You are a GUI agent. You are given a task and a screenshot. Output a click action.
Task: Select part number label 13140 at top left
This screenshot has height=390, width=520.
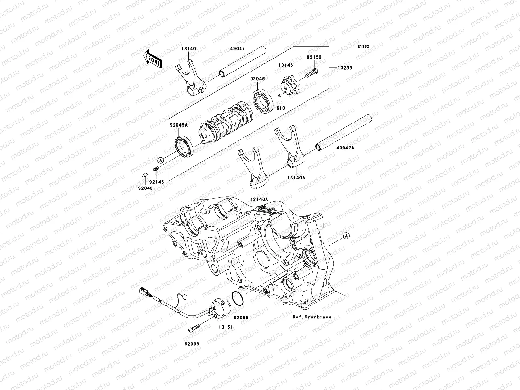(188, 49)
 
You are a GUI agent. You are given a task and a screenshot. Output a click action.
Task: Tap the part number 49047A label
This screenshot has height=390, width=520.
(345, 148)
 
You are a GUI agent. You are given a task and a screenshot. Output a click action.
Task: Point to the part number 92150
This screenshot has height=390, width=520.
(314, 57)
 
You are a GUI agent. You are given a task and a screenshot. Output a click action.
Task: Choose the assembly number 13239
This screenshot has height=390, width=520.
(344, 68)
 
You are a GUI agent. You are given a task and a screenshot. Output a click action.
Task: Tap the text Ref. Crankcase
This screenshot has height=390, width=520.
(312, 317)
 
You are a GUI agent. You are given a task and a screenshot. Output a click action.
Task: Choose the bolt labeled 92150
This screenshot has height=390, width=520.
(312, 73)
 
